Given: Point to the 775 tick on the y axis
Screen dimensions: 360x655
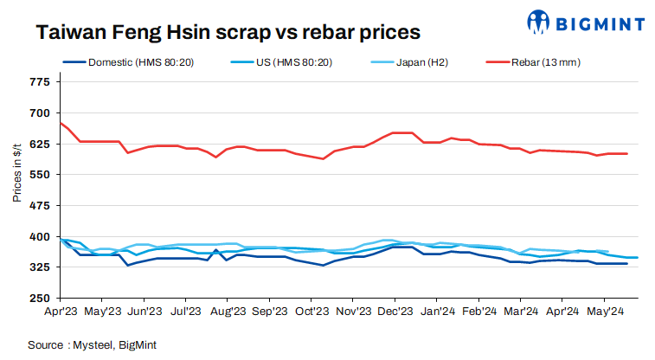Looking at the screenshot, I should (x=39, y=82).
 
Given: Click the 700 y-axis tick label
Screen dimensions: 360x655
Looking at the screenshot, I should (x=39, y=113).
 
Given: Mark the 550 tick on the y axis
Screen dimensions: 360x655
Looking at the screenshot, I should (x=39, y=175).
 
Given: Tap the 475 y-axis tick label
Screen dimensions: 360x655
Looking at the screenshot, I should (x=39, y=206).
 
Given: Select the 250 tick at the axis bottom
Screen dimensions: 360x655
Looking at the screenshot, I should (x=39, y=299).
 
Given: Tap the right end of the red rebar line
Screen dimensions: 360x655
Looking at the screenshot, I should (x=626, y=154).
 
